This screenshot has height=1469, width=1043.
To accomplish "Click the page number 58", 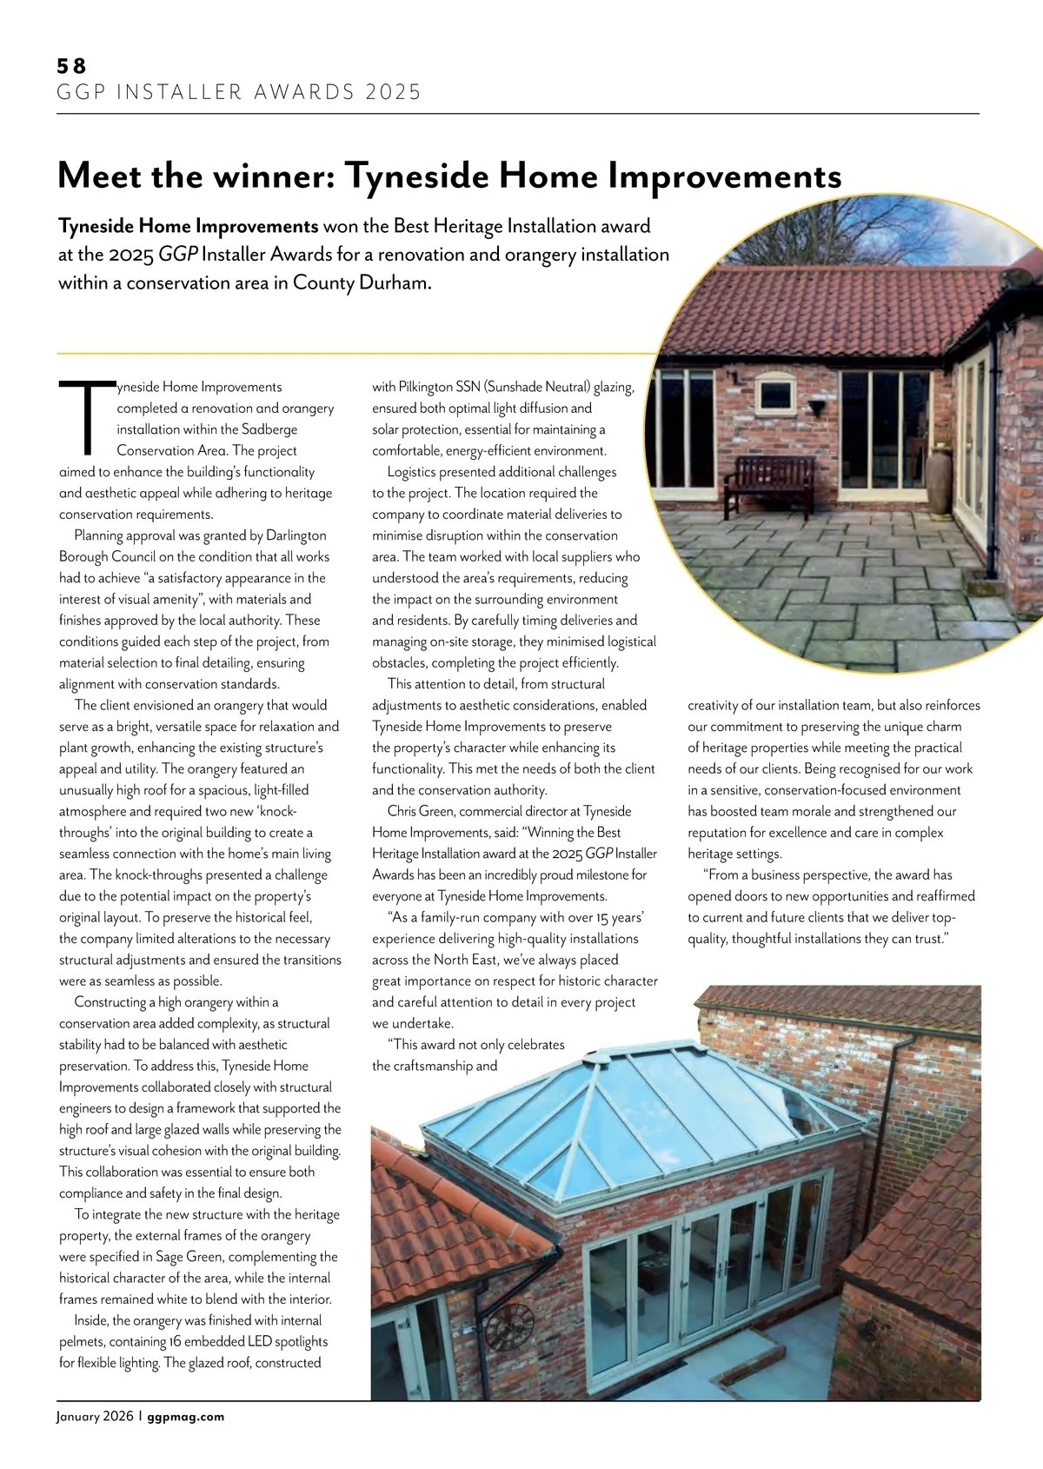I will pos(71,66).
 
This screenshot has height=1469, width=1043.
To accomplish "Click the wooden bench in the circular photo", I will pos(770,483).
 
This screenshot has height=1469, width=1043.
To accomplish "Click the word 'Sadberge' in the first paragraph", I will pos(269,429).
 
